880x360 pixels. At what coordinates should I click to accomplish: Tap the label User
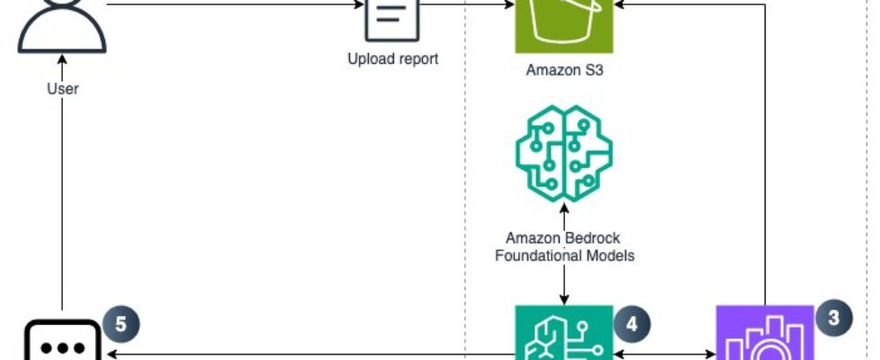63,88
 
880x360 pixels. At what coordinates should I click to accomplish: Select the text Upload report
392,60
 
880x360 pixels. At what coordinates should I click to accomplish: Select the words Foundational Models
564,255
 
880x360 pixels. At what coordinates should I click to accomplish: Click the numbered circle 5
121,323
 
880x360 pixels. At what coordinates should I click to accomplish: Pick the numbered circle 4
632,321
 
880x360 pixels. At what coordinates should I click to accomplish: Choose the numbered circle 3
833,318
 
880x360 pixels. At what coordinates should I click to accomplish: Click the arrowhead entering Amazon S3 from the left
507,4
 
